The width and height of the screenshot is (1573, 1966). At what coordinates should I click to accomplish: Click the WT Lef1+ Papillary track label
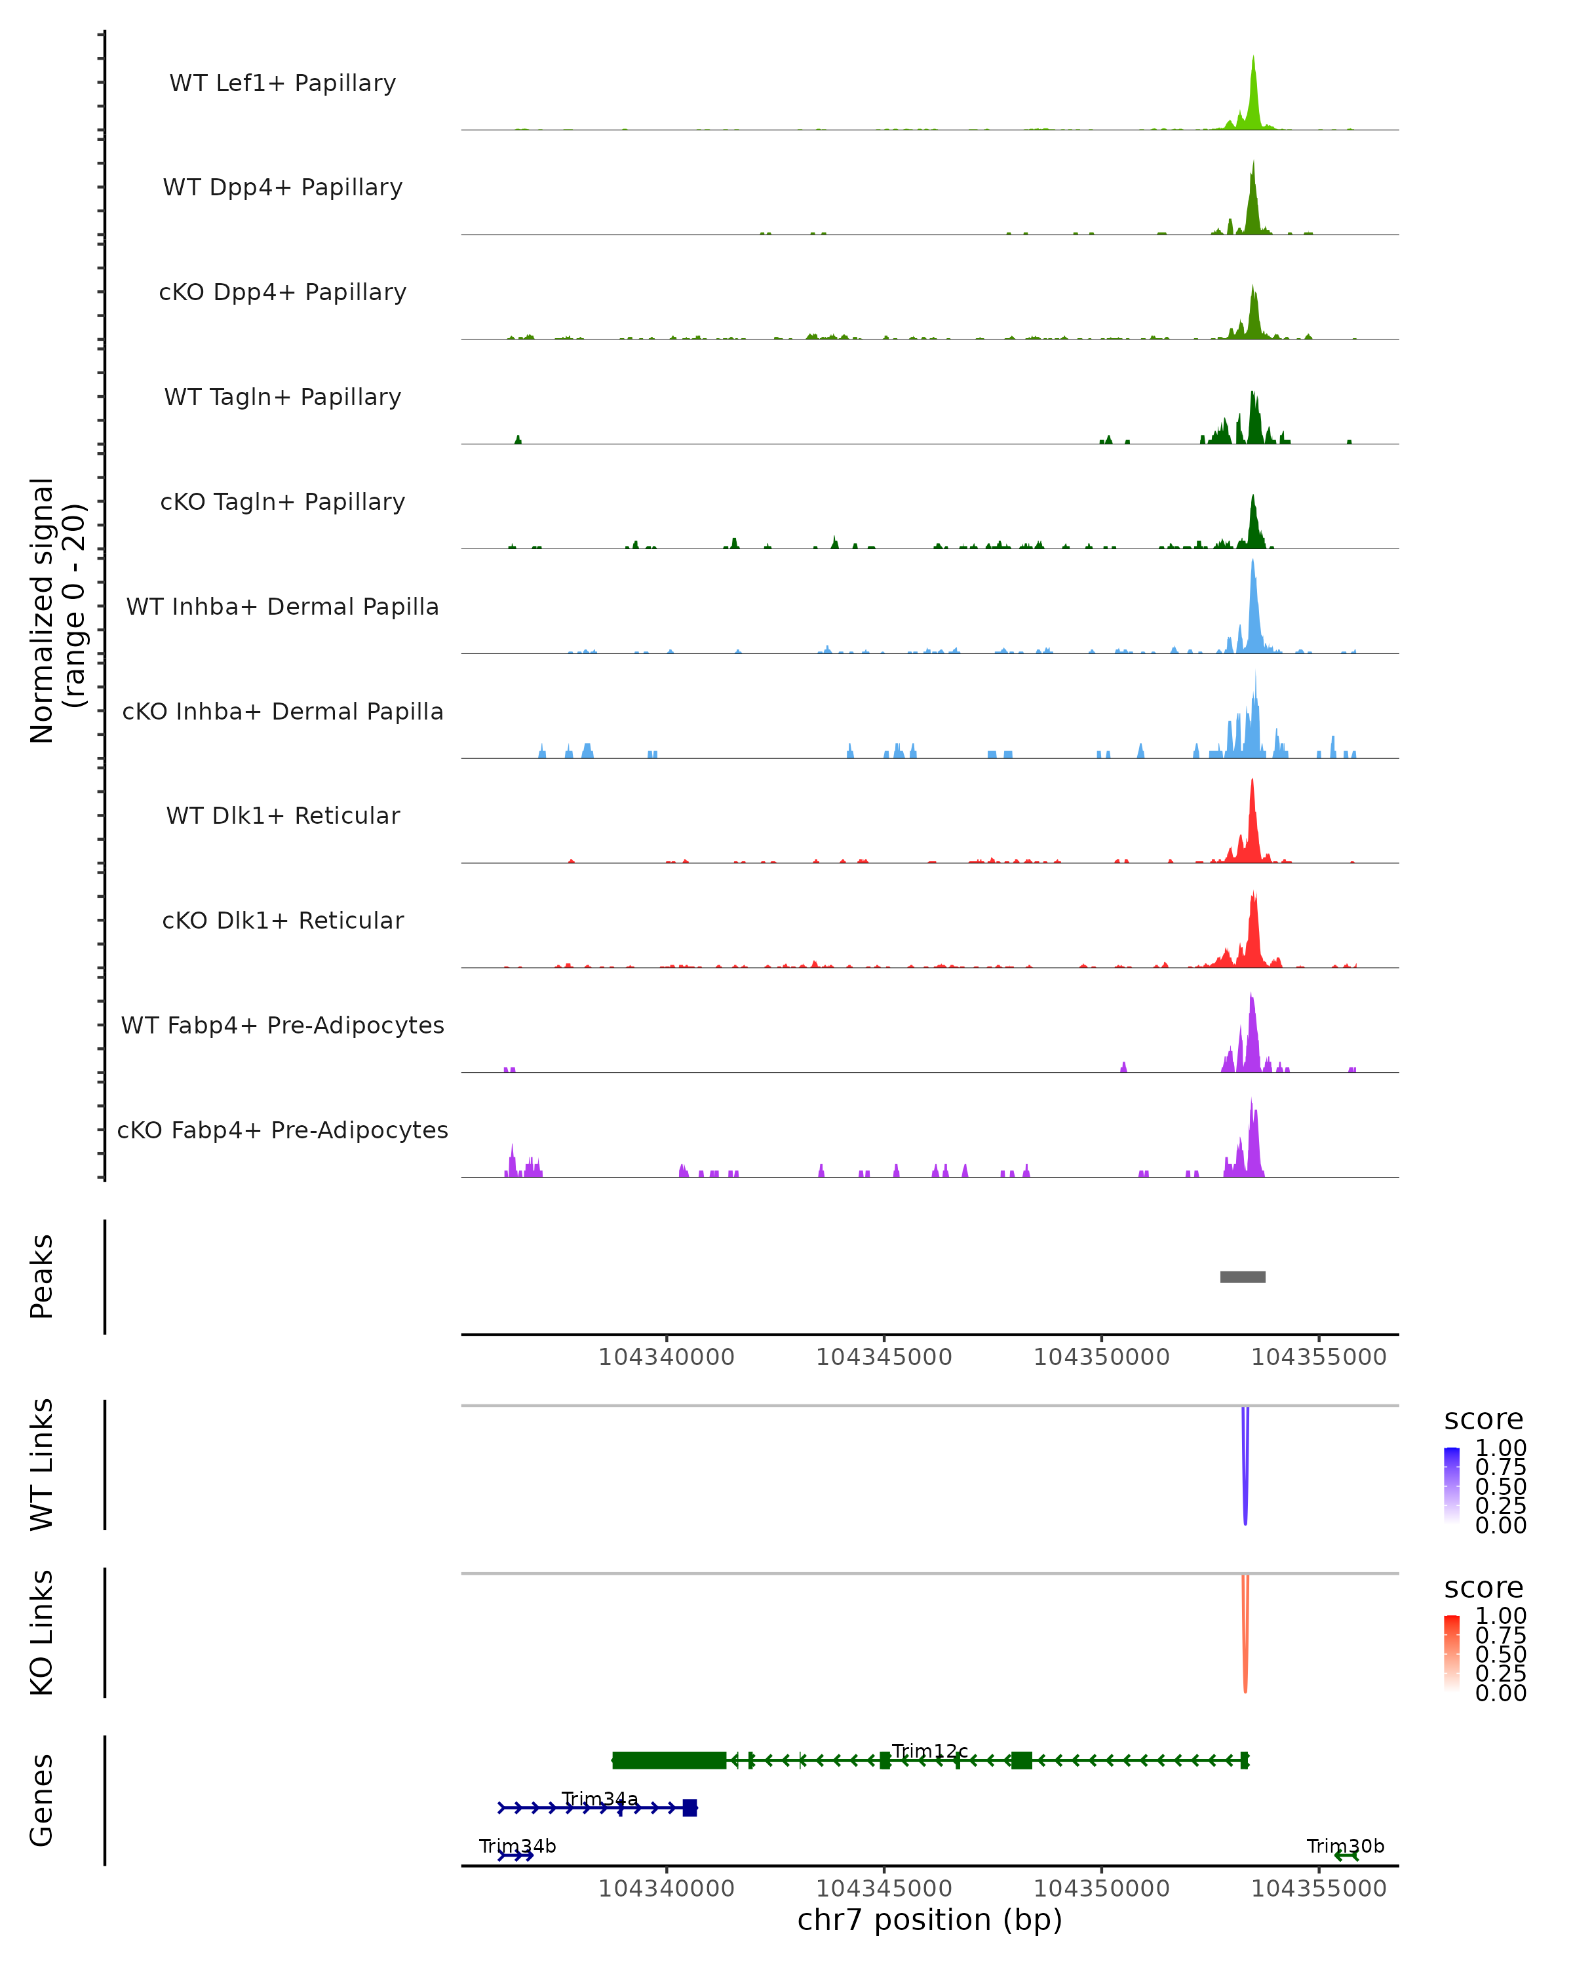[282, 83]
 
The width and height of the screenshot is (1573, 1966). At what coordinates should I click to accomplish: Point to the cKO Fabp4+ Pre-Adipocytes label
[282, 1130]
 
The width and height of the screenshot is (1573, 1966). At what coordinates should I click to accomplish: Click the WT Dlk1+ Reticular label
[282, 815]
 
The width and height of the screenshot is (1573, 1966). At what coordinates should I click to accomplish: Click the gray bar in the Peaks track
[1242, 1277]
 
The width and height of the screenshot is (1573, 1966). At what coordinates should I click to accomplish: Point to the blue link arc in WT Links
[1245, 1468]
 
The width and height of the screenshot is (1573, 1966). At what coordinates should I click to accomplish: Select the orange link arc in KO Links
[1245, 1637]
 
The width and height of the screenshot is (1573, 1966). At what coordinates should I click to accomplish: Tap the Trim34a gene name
[599, 1799]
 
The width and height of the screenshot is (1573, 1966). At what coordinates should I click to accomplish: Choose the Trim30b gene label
[1345, 1847]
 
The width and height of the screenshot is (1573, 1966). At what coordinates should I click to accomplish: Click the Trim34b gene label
[517, 1847]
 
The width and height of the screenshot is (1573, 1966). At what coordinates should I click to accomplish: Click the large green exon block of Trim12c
[669, 1760]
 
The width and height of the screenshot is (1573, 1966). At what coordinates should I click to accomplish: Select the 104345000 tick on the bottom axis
[884, 1889]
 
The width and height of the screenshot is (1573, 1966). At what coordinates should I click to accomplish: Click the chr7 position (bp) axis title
[929, 1920]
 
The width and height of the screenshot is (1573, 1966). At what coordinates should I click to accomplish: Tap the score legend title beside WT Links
[1483, 1420]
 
